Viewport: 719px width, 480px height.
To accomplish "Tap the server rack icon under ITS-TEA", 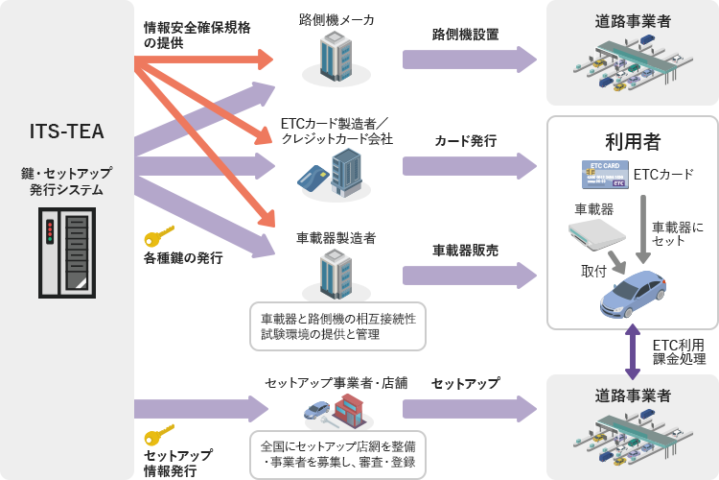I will [67, 255].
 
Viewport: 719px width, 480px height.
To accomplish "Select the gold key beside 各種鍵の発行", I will [159, 237].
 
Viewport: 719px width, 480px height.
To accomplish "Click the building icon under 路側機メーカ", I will [336, 55].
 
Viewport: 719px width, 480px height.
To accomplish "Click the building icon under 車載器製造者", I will [336, 274].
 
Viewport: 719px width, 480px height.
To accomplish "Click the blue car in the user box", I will [634, 294].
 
